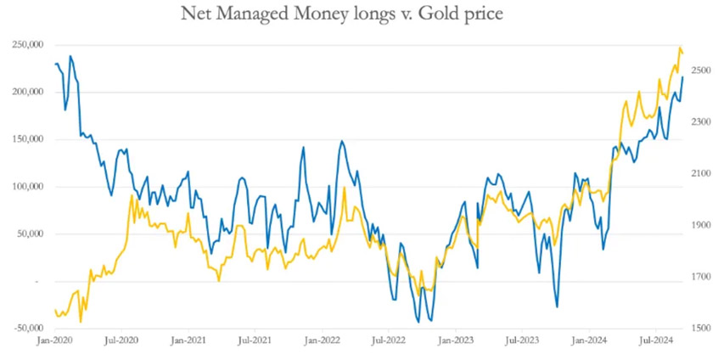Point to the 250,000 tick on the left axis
(30, 45)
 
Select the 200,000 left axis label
(30, 93)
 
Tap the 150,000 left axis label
(30, 140)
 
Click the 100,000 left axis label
(30, 187)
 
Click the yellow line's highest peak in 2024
(680, 48)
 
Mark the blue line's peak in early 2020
(70, 57)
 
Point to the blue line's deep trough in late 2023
(557, 307)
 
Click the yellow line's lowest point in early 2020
(81, 321)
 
